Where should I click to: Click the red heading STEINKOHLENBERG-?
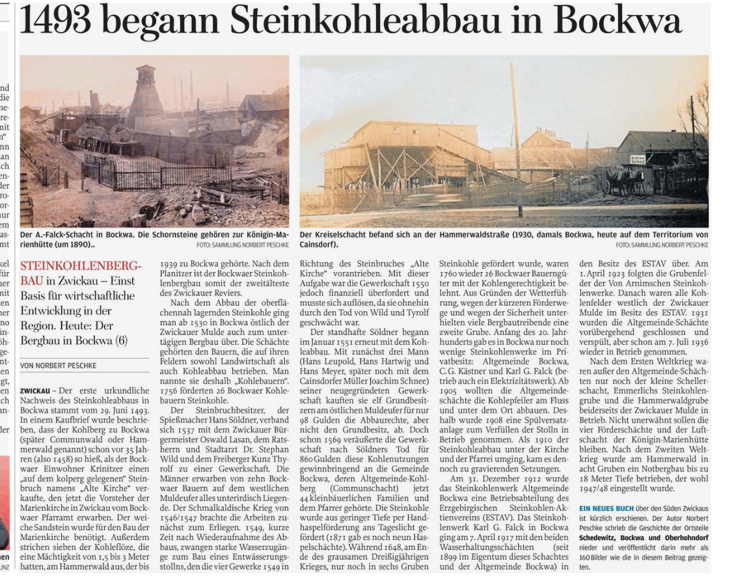point(81,266)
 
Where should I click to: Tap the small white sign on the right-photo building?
point(638,159)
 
